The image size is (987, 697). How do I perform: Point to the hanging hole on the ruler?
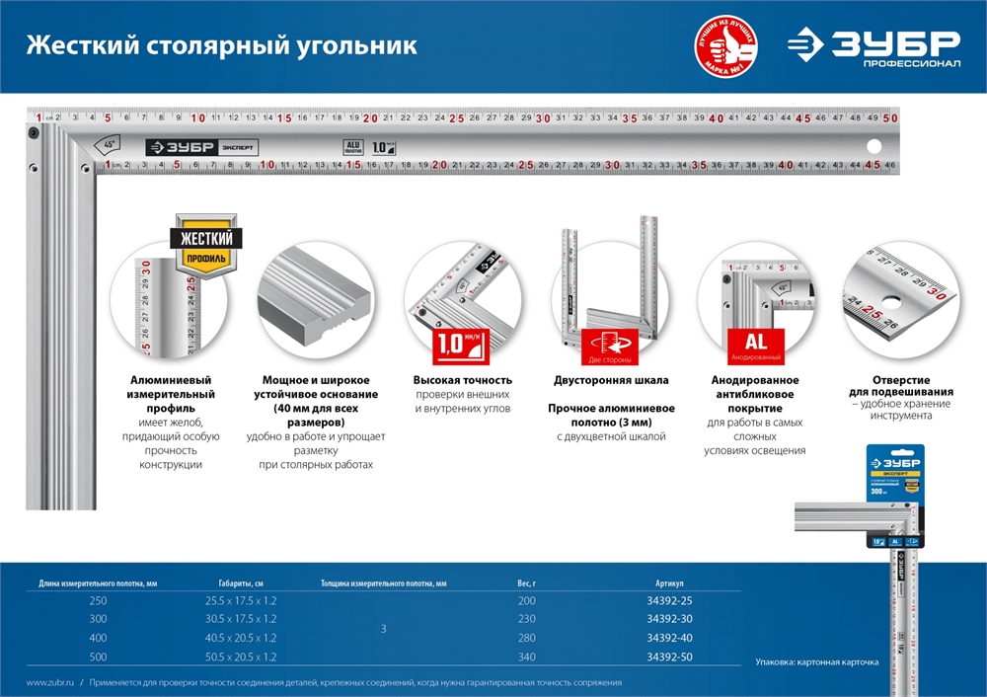tap(873, 148)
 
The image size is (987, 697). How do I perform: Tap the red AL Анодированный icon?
tap(755, 347)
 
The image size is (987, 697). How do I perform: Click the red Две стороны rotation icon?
tap(609, 347)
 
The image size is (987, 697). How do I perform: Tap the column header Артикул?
tap(669, 583)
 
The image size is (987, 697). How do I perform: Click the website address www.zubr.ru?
tap(47, 682)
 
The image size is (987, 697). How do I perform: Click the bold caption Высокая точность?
tap(463, 380)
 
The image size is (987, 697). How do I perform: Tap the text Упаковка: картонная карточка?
tap(816, 661)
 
